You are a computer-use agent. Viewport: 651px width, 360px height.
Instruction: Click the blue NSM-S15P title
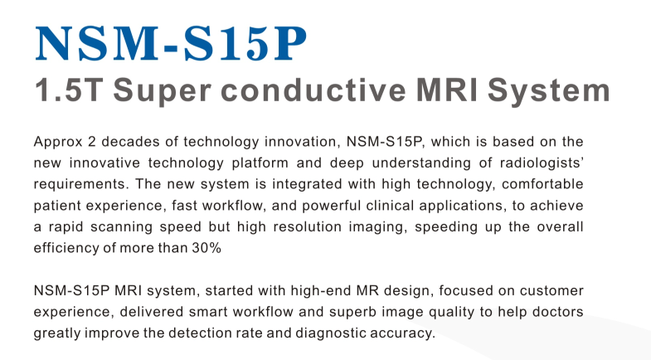click(171, 43)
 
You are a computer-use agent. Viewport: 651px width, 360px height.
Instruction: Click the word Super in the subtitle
click(163, 92)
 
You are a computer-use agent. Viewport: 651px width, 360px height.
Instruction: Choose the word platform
click(260, 163)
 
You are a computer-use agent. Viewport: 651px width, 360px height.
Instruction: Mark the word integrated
click(307, 185)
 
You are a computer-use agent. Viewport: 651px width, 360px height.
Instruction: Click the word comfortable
click(542, 184)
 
